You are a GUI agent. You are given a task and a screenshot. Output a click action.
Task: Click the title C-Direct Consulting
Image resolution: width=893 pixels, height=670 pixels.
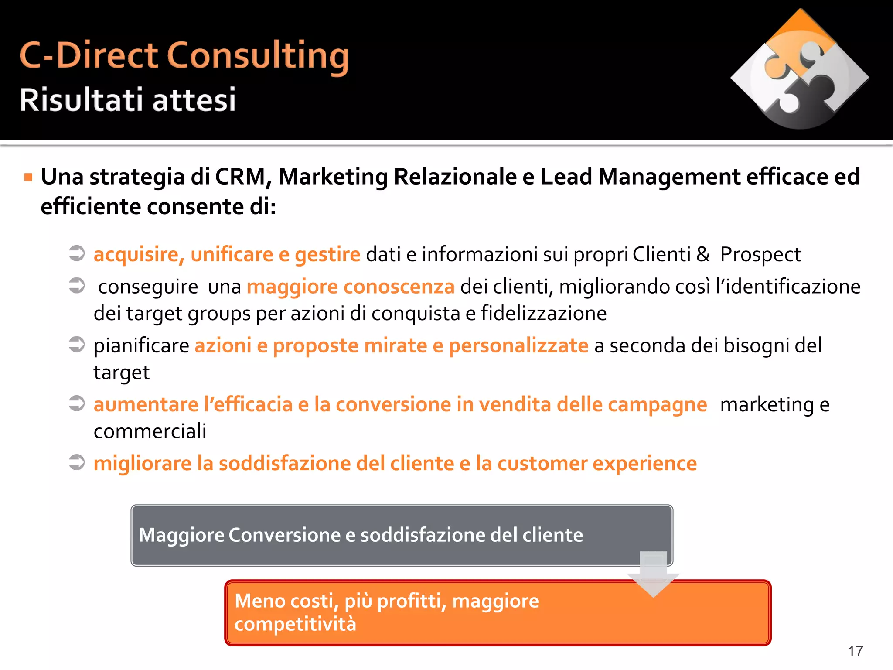click(x=184, y=56)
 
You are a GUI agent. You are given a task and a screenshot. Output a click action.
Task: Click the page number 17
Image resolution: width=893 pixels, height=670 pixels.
click(x=855, y=651)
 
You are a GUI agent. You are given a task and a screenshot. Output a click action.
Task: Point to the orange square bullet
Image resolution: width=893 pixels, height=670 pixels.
click(x=28, y=177)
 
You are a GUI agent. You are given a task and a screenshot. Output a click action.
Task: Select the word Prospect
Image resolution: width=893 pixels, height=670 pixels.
click(x=760, y=255)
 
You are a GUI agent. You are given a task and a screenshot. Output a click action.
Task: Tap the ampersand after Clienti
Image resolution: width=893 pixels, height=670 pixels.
click(x=703, y=254)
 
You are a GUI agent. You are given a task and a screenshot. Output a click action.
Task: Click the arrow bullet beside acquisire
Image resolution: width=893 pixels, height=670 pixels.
click(x=77, y=253)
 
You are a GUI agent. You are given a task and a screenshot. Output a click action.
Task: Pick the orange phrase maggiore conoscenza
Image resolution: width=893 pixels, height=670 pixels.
click(x=351, y=287)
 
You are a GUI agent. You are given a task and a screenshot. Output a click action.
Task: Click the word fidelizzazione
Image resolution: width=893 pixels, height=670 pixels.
click(x=544, y=313)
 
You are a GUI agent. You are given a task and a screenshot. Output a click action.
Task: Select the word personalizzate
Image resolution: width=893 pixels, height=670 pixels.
click(x=518, y=345)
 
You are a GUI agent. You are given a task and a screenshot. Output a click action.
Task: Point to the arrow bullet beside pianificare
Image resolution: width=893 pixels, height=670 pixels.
click(x=77, y=344)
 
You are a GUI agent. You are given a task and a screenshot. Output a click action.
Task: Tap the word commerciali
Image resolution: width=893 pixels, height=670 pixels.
click(x=150, y=431)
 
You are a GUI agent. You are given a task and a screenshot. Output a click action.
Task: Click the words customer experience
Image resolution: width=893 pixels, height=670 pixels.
click(x=597, y=463)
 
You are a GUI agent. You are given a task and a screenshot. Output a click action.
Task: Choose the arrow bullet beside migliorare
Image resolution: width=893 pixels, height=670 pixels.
click(x=77, y=462)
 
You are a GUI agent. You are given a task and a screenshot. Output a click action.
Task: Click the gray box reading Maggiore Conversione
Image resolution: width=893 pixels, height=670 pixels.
click(x=401, y=535)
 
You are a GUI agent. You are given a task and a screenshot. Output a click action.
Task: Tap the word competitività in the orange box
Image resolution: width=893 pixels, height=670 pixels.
click(x=295, y=624)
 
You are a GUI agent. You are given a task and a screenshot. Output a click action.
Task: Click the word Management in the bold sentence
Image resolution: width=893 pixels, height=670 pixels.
click(x=669, y=177)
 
